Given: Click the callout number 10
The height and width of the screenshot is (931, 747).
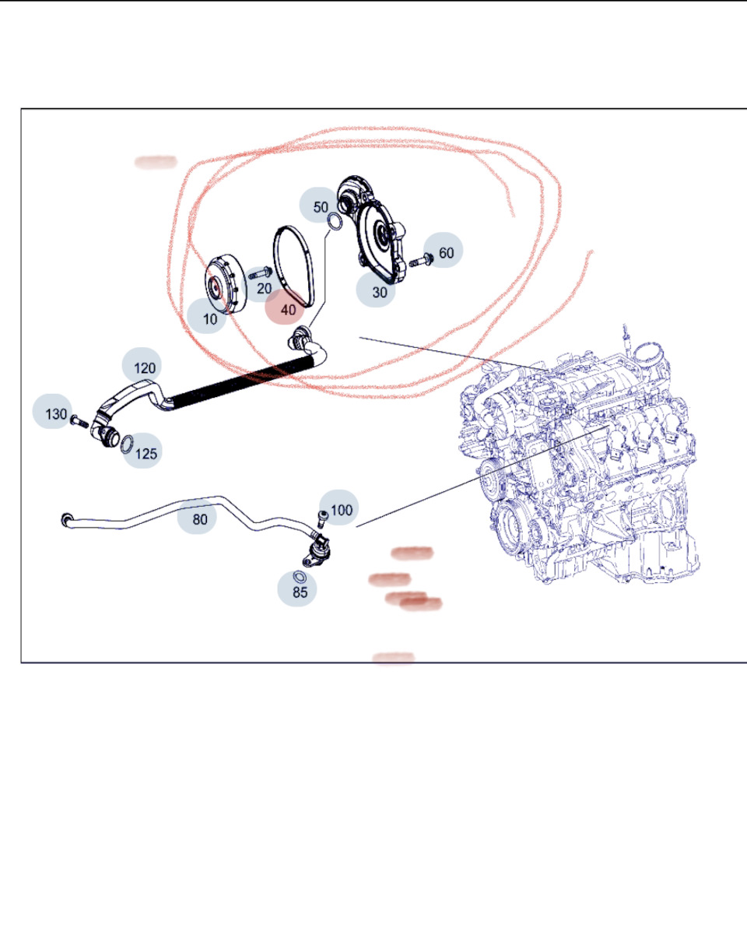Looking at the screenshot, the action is pos(210,319).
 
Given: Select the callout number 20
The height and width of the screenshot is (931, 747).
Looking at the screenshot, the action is pos(264,289).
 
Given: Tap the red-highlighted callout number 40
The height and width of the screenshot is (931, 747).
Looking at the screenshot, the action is pos(288,310).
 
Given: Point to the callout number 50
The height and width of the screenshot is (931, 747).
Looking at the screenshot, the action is pos(321,207).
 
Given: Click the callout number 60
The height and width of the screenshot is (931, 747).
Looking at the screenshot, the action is pos(446,253).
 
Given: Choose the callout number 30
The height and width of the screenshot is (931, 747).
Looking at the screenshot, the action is pos(379,292).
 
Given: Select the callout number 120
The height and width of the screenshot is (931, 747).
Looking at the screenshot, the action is pos(144,368).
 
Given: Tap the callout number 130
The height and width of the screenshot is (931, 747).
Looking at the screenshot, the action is pos(56,414).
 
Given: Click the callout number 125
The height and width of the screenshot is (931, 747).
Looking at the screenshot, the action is pos(146,454).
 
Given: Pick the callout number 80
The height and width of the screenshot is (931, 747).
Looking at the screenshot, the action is pos(200,519).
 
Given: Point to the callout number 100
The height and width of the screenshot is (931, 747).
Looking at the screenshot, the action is pos(341,510).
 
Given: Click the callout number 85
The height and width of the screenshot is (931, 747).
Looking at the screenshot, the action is pos(300,592).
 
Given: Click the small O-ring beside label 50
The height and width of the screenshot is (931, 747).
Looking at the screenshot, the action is pos(335,222).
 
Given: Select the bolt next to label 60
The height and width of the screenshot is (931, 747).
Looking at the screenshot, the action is pos(421,260).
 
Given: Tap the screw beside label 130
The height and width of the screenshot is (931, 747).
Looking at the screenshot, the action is pos(79,422).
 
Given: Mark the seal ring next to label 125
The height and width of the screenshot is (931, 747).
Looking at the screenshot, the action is pos(127,444).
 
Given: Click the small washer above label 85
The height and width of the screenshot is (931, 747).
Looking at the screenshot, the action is pos(300,577).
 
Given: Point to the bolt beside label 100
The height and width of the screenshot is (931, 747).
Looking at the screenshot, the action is pos(322,519).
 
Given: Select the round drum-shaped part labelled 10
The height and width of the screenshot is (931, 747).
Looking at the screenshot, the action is pos(225,285).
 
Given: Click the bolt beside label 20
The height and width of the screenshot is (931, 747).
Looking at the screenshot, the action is pos(260,273).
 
